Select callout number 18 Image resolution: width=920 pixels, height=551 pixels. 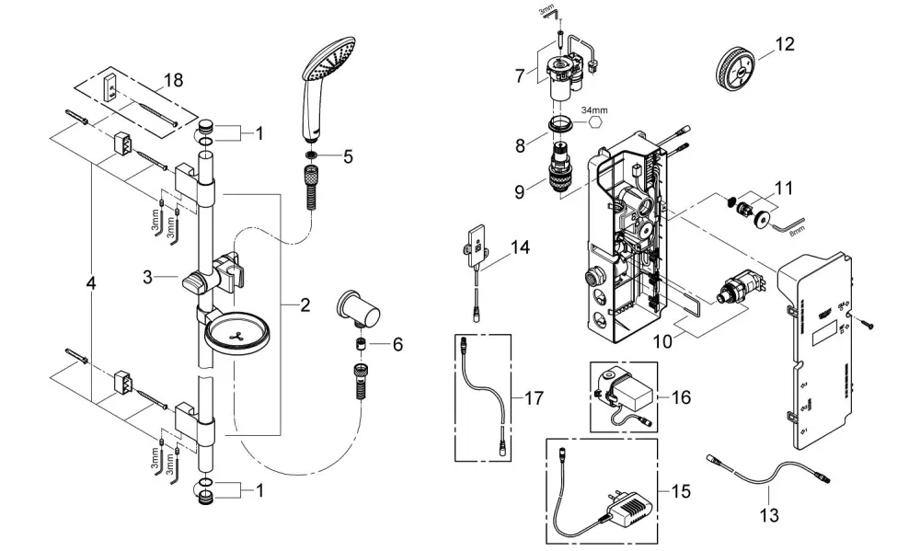tap(174, 79)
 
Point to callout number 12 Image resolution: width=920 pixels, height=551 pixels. tap(785, 44)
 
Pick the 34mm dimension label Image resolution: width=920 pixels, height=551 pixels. tap(594, 109)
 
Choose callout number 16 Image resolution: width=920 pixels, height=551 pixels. tap(681, 397)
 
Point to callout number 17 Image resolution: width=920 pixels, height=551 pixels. tap(534, 398)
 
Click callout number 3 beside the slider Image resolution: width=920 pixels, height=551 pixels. tap(148, 277)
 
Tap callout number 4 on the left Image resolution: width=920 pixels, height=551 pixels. tap(90, 283)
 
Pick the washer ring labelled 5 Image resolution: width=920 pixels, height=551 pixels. tap(310, 155)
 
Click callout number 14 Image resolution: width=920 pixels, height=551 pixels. tap(519, 247)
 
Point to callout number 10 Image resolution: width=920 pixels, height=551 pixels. tap(662, 341)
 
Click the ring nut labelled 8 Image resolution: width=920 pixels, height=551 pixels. tap(561, 126)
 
